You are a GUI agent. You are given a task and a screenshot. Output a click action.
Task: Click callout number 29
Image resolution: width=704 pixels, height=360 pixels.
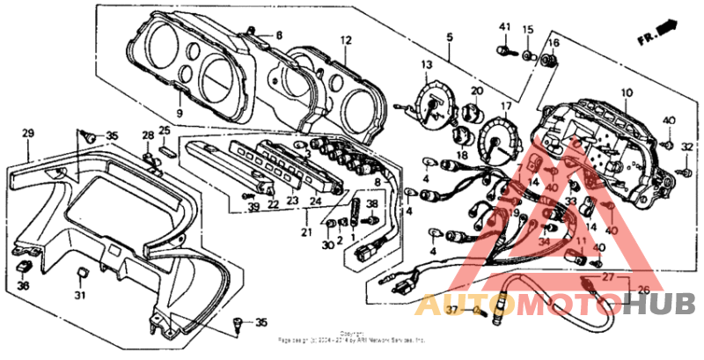click(x=26, y=133)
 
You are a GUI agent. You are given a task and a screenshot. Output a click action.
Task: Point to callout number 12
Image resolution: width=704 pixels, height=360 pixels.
click(x=346, y=40)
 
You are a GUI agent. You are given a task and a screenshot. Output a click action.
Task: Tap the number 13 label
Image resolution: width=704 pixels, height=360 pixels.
click(x=426, y=65)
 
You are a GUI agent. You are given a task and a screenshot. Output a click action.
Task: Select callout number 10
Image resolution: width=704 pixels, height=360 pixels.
click(x=627, y=92)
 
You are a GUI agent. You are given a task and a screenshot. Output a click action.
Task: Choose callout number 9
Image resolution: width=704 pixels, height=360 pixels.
click(x=179, y=114)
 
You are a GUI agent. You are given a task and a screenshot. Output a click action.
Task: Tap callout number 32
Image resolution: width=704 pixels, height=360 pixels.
click(x=687, y=146)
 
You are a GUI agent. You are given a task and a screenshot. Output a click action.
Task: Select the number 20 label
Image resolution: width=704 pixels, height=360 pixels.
click(x=477, y=91)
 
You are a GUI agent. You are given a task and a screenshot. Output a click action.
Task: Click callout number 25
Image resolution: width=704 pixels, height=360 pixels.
click(x=165, y=130)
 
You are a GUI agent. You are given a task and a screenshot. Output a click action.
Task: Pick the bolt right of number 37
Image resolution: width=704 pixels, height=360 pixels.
click(x=479, y=311)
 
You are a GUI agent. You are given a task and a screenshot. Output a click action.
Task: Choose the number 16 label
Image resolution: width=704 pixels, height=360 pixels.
click(x=554, y=43)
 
